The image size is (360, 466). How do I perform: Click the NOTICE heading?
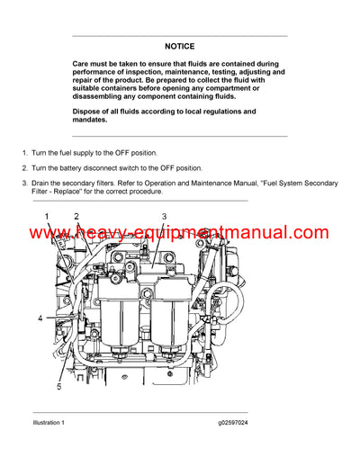tap(179, 46)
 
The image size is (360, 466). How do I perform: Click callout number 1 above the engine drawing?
tap(47, 217)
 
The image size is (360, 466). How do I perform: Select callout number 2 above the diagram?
tap(76, 217)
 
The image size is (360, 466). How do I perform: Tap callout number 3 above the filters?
tap(164, 217)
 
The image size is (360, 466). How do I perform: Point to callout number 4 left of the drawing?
tap(40, 318)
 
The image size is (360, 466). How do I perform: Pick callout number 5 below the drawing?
tap(60, 387)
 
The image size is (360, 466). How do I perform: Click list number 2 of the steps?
tap(24, 168)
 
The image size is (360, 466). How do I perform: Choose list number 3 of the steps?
tap(24, 184)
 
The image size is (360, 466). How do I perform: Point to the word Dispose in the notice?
tap(89, 112)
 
